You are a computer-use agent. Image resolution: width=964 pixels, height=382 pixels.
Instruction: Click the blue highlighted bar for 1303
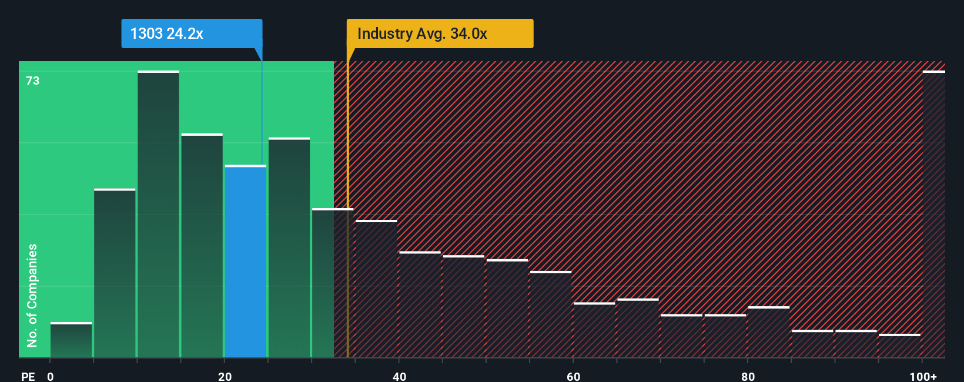click(246, 262)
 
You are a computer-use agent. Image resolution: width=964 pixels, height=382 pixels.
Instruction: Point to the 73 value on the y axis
click(33, 81)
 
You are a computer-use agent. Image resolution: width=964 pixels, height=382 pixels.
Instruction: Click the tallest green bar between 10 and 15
click(158, 215)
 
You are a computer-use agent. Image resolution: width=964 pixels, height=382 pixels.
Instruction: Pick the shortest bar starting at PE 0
click(71, 340)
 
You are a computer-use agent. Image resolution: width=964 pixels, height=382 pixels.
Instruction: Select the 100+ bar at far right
click(933, 215)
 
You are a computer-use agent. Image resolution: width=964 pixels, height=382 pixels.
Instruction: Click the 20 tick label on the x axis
click(225, 376)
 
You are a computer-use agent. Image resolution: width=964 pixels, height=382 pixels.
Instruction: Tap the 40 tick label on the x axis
click(399, 376)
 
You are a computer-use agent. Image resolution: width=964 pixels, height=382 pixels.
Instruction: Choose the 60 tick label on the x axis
click(573, 376)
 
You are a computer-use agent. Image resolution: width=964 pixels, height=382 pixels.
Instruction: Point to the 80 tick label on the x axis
click(748, 376)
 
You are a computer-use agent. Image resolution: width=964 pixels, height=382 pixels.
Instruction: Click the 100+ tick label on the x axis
click(923, 376)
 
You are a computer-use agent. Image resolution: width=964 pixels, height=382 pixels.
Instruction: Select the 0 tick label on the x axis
click(51, 376)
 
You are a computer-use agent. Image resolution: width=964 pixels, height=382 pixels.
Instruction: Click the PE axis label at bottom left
click(28, 376)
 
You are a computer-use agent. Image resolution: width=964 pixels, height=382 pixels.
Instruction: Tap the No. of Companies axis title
click(32, 295)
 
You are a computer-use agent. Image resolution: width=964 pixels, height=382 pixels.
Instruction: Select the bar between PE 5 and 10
click(115, 273)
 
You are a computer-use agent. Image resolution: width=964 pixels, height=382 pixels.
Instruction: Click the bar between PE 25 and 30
click(289, 248)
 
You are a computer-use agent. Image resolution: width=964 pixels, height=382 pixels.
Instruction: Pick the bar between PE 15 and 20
click(202, 246)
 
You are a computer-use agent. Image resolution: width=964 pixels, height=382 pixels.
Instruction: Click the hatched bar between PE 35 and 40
click(376, 289)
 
